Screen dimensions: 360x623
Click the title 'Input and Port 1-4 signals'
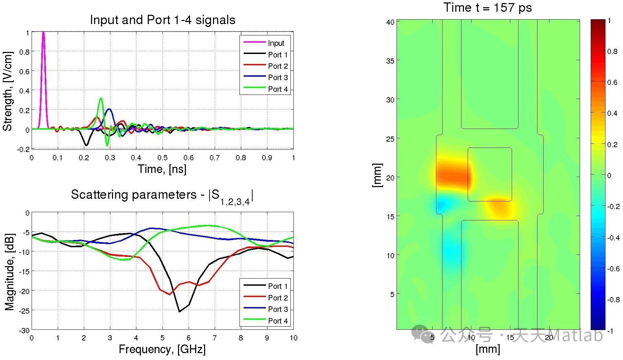coord(163,20)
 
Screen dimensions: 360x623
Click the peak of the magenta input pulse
coord(43,33)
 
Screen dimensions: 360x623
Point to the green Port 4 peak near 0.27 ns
coord(101,99)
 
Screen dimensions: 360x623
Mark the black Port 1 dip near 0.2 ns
coord(86,145)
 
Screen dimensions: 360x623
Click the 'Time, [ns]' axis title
coord(162,169)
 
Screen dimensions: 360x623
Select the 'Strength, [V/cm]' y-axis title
coord(8,91)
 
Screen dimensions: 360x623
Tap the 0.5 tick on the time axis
coord(163,158)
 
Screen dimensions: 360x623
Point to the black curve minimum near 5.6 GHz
coord(179,312)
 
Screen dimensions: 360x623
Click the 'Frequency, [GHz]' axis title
coord(162,349)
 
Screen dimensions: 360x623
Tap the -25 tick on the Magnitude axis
coord(24,310)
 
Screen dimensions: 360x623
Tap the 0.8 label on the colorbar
coord(612,52)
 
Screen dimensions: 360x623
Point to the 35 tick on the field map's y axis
coord(390,61)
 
